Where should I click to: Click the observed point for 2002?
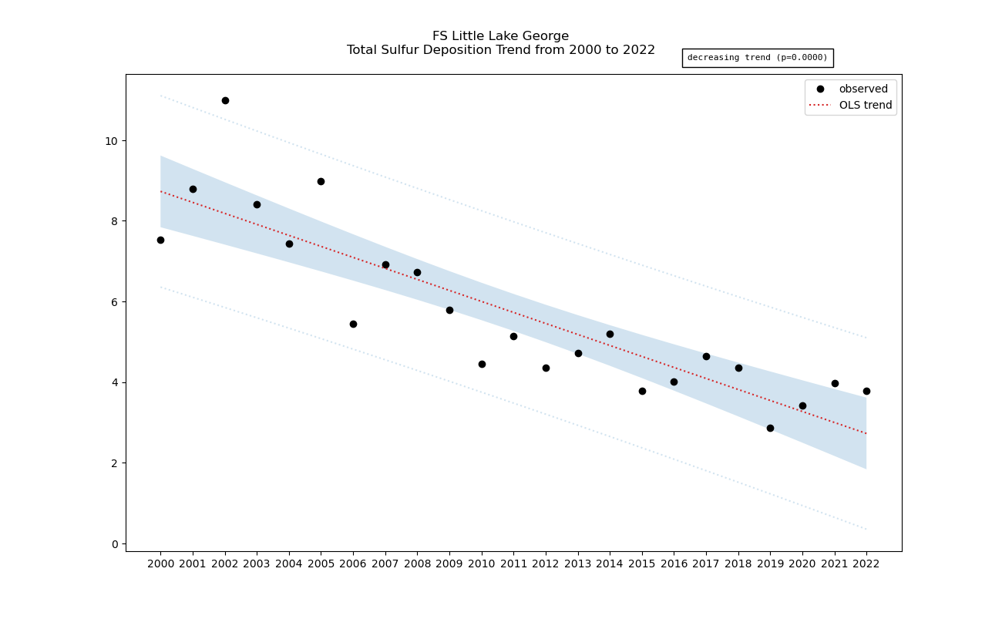225,100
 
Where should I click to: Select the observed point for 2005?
321,181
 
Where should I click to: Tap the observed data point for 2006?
353,324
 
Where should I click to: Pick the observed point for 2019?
770,428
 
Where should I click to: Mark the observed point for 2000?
160,240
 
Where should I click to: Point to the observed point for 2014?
610,334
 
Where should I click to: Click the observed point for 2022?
866,391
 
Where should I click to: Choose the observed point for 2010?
482,364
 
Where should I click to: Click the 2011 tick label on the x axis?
513,563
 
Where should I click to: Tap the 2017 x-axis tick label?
706,563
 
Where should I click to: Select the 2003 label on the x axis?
257,563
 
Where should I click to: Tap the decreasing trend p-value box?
757,58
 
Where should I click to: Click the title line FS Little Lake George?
500,36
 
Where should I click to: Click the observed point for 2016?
674,382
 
